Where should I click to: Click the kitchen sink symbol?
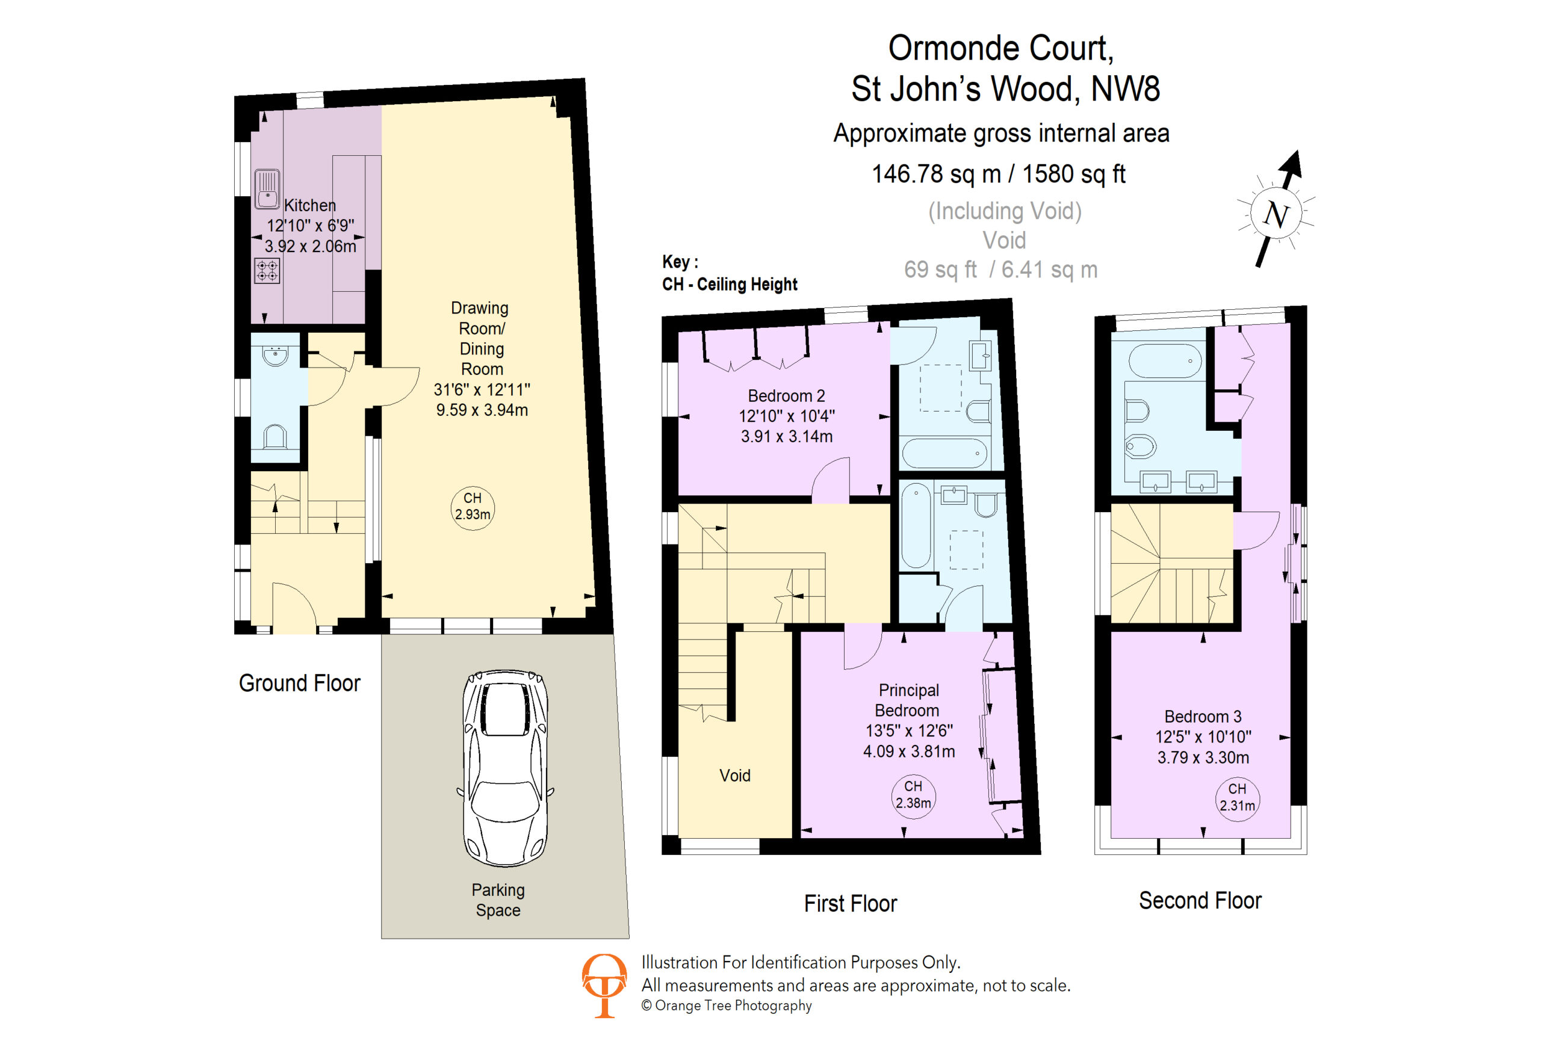(267, 189)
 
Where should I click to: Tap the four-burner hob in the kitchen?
(267, 270)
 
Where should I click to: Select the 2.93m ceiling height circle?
(472, 508)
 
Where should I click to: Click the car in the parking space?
(505, 768)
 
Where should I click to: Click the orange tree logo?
(603, 985)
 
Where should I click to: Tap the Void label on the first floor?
(735, 775)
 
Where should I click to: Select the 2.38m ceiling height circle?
(913, 795)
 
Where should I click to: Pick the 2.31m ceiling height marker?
(1236, 798)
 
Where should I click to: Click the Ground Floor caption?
(300, 683)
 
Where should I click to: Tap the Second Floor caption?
(1200, 900)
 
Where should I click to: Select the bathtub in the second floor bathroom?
(1164, 360)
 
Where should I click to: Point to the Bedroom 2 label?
(786, 396)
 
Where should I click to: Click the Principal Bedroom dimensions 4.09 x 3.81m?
(909, 751)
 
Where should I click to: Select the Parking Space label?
(498, 900)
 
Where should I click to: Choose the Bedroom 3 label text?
(1203, 717)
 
